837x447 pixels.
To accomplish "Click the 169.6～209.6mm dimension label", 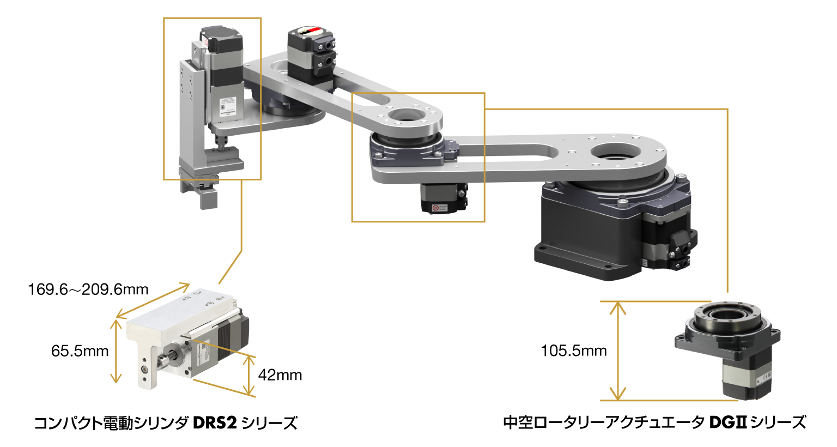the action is point(88,289).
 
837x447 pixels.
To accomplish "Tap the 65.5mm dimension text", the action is point(80,351).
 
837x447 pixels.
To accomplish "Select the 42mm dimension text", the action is point(280,375).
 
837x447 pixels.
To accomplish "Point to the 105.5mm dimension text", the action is point(574,351).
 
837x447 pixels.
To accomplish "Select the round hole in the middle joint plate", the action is point(405,114).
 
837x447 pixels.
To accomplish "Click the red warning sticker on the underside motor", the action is point(435,208).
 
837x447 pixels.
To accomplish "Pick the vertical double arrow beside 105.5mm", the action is point(617,351).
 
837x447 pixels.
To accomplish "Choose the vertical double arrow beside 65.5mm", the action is point(116,351).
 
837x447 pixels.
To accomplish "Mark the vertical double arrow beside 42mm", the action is point(248,375).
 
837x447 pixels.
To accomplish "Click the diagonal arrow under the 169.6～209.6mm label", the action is point(153,301).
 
